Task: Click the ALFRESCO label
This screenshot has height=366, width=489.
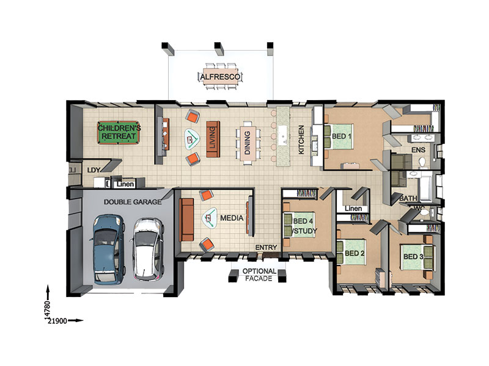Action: (220, 77)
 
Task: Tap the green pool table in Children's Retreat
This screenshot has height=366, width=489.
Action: (119, 132)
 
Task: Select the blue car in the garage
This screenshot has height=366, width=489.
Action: (108, 249)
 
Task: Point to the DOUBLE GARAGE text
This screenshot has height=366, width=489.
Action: (133, 202)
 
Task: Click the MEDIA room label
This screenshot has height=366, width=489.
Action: (232, 218)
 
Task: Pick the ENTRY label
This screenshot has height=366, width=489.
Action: (266, 248)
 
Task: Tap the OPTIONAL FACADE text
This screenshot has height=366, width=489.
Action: (259, 275)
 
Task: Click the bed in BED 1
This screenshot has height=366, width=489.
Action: (339, 136)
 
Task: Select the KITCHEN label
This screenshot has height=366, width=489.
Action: (301, 140)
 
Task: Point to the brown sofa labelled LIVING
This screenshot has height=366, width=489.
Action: (213, 139)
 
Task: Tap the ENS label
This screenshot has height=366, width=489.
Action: (418, 150)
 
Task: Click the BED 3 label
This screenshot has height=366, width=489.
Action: (413, 256)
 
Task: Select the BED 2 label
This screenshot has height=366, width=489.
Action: (355, 253)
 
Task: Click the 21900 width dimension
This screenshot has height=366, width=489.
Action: (57, 321)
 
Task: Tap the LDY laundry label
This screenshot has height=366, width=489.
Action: (94, 170)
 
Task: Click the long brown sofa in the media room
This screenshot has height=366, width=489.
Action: (186, 220)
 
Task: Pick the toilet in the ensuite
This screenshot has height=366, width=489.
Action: (422, 162)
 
